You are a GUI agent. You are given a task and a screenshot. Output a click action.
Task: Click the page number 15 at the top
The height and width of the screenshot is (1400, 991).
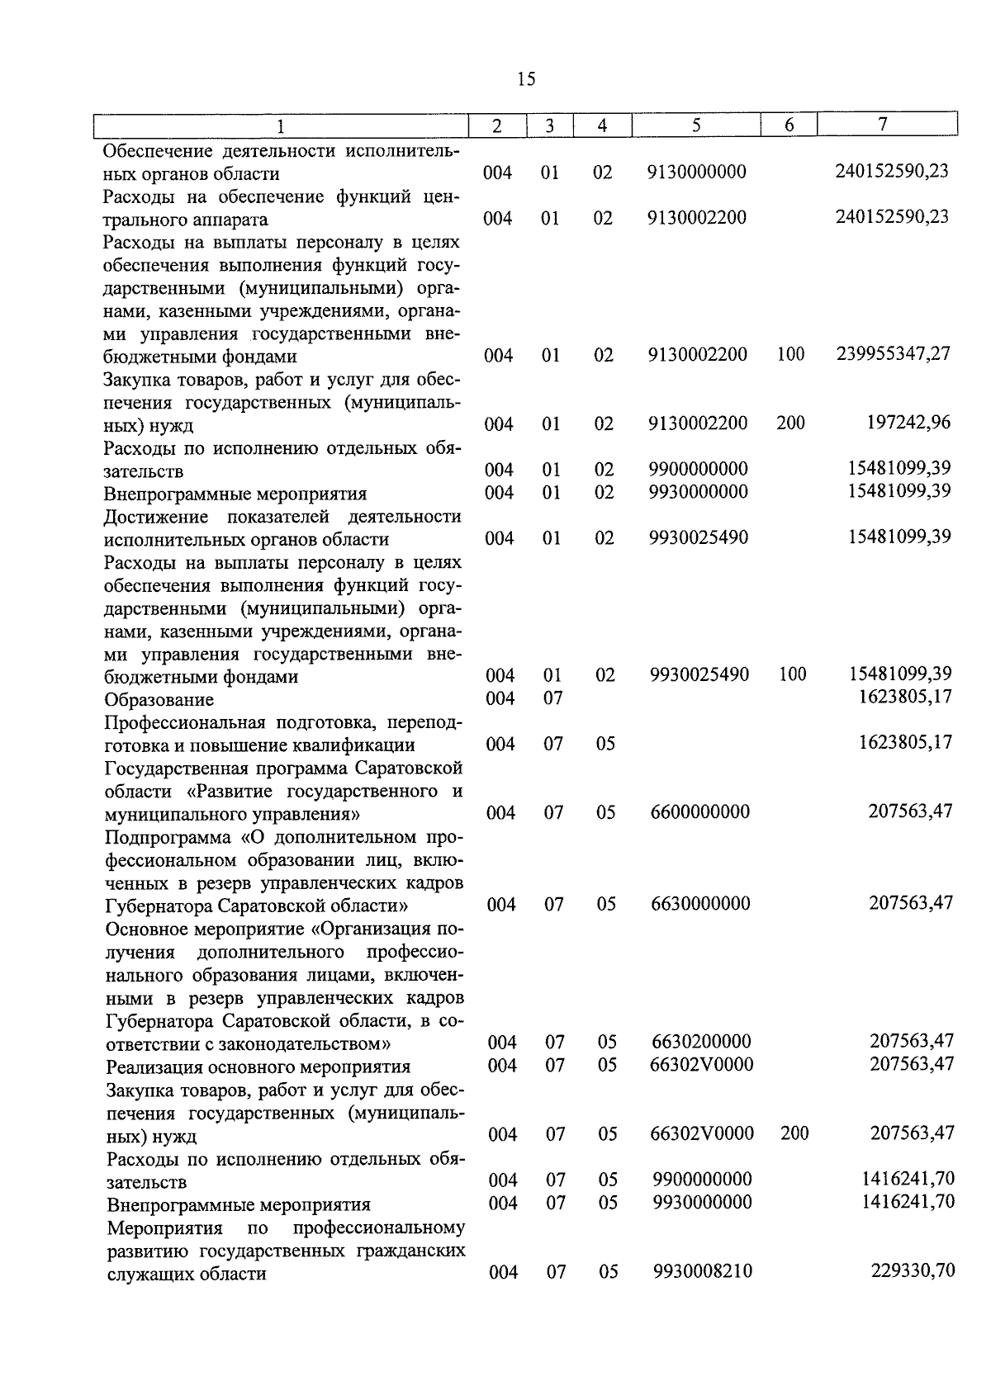pos(526,79)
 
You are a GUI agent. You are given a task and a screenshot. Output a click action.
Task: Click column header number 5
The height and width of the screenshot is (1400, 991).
pos(695,125)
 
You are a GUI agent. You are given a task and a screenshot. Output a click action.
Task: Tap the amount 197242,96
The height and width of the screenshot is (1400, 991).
pos(908,423)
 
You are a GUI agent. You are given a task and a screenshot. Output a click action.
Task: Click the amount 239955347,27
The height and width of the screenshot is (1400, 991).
pos(893,354)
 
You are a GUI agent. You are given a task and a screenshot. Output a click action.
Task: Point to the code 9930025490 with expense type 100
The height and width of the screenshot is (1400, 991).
pos(699,674)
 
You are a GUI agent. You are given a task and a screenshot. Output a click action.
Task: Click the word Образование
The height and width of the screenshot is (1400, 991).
pos(159,700)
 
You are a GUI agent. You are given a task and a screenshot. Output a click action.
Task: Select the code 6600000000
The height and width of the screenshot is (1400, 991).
pos(700,812)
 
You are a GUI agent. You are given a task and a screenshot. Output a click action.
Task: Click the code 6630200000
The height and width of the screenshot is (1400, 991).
pos(701,1042)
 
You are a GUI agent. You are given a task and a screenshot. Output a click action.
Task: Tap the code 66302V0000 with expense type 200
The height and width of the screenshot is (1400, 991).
pos(702,1133)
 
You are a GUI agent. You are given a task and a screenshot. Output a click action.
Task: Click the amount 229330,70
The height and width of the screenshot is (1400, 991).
pos(913,1270)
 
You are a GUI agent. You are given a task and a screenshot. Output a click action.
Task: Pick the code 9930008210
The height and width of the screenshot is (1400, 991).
pos(703,1271)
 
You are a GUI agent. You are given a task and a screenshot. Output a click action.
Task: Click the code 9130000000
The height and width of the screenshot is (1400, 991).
pos(697,172)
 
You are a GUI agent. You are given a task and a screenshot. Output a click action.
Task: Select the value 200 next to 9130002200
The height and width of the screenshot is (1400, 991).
pos(790,423)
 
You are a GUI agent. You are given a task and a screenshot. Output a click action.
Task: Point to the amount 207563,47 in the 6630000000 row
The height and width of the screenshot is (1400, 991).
pos(911,903)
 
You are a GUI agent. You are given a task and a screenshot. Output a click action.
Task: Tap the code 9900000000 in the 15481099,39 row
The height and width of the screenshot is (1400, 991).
pos(699,469)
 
